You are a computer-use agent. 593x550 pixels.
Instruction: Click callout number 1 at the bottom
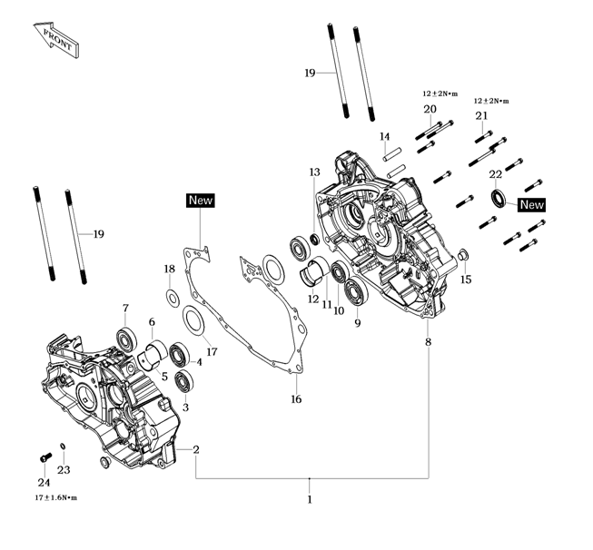pyautogui.click(x=310, y=498)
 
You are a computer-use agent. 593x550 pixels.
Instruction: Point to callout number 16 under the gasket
pyautogui.click(x=295, y=399)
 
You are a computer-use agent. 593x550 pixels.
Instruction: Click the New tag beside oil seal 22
pyautogui.click(x=531, y=205)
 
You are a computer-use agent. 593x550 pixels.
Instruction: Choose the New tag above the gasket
pyautogui.click(x=200, y=200)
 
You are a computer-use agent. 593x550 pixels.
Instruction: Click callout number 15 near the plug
pyautogui.click(x=467, y=280)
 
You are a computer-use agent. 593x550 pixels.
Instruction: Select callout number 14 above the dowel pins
pyautogui.click(x=385, y=137)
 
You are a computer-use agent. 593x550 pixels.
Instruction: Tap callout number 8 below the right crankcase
pyautogui.click(x=428, y=342)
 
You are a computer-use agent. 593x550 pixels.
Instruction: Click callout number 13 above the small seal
pyautogui.click(x=314, y=172)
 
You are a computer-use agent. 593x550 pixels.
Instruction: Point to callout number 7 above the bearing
pyautogui.click(x=125, y=308)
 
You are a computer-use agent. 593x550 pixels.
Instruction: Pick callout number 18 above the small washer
pyautogui.click(x=169, y=269)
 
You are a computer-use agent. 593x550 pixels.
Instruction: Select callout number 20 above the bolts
pyautogui.click(x=430, y=110)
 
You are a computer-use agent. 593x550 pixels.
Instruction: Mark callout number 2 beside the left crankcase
pyautogui.click(x=195, y=449)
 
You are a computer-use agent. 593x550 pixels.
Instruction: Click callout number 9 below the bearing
pyautogui.click(x=357, y=322)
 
